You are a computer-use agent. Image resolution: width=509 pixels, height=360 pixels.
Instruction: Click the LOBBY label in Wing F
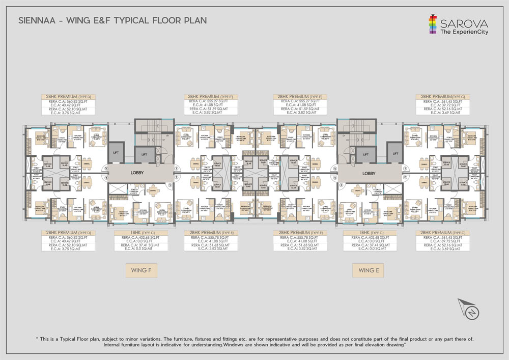point(137,173)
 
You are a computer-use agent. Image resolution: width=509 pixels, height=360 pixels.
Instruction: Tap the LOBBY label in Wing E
point(369,173)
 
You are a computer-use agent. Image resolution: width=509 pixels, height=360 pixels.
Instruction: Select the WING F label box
point(141,270)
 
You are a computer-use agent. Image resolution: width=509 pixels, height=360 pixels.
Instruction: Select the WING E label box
point(367,270)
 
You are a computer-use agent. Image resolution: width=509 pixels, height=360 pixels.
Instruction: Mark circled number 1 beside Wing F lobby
point(176,168)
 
